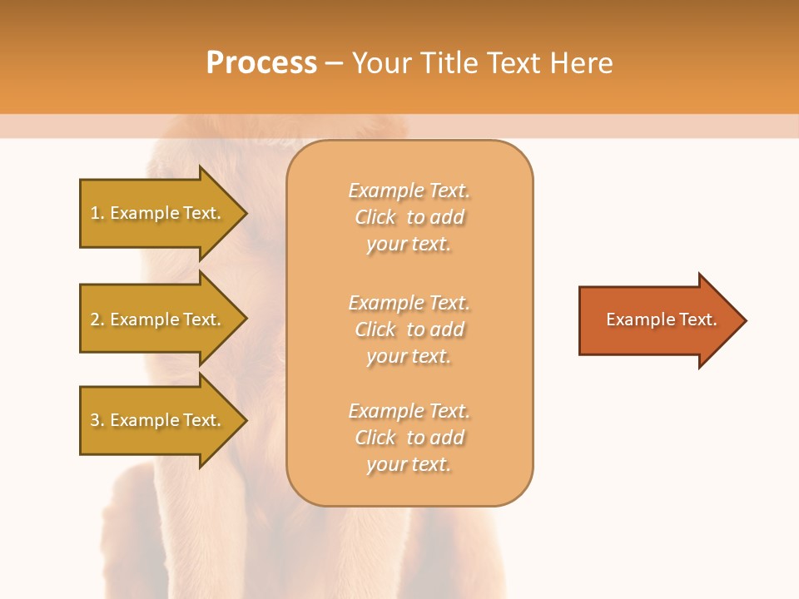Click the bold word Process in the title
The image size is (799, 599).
pyautogui.click(x=261, y=63)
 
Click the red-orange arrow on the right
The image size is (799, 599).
pyautogui.click(x=658, y=320)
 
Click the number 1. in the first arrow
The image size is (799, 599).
pyautogui.click(x=97, y=213)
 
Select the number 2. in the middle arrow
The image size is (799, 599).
pyautogui.click(x=97, y=319)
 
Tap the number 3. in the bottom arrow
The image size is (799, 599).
pyautogui.click(x=97, y=420)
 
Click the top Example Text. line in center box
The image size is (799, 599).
pyautogui.click(x=409, y=191)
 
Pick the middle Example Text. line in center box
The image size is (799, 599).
pyautogui.click(x=409, y=302)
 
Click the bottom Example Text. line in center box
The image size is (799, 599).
pyautogui.click(x=409, y=411)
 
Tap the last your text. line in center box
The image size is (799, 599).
pyautogui.click(x=409, y=465)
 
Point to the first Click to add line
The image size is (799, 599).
pyautogui.click(x=409, y=217)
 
